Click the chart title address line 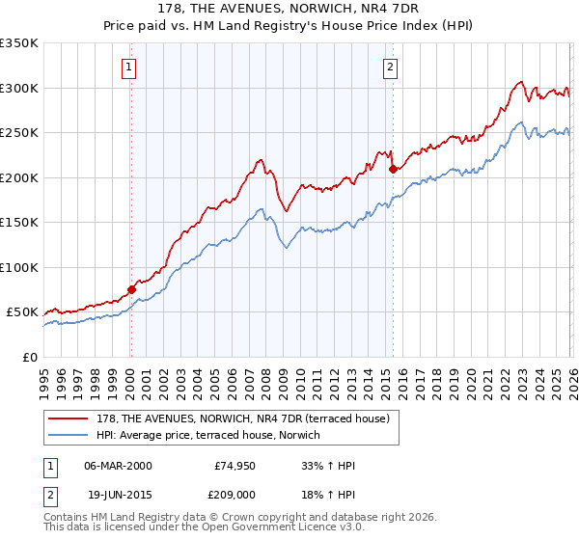(x=289, y=9)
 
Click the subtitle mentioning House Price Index (x=289, y=26)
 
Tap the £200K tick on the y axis (x=19, y=177)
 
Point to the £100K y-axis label (x=19, y=267)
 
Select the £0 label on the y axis (x=29, y=357)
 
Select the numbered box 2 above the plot (x=390, y=67)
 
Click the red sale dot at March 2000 (x=132, y=289)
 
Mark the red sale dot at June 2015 (x=393, y=170)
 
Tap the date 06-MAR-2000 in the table (x=118, y=466)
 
